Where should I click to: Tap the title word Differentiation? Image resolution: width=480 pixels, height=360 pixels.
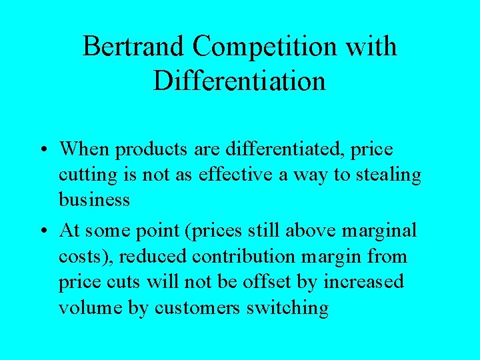239,81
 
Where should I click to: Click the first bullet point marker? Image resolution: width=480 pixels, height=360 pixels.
43,150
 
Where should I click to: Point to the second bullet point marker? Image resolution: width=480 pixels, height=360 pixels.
43,231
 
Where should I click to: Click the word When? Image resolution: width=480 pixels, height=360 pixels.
85,149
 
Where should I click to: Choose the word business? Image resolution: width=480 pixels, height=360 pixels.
94,201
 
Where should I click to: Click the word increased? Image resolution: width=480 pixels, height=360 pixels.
363,281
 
